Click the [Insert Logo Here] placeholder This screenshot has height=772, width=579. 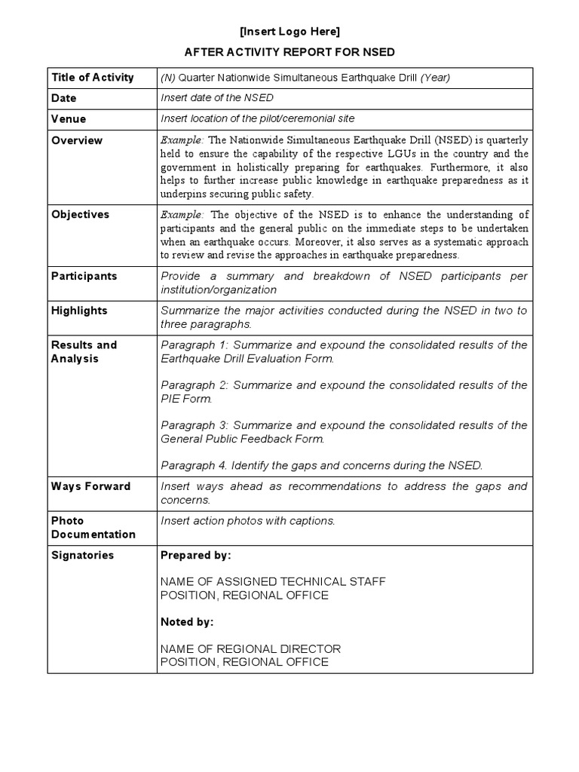coord(289,32)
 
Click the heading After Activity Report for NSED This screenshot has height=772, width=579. coord(289,52)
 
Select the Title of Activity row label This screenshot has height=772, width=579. coord(92,77)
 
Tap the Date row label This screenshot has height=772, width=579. coord(64,98)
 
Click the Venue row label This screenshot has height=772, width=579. coord(69,119)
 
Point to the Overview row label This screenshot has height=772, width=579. coord(76,140)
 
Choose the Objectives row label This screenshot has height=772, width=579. coord(80,214)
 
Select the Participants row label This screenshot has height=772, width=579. coord(84,276)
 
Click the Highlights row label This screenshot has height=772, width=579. coord(79,311)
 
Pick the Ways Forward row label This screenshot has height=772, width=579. coord(90,486)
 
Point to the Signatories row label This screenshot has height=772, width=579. coord(82,556)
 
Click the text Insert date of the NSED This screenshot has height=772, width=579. coord(217,98)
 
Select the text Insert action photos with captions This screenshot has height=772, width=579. coord(248,521)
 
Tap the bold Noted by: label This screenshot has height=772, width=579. coord(187,622)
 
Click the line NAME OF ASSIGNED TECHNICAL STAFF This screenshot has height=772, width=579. coord(273,581)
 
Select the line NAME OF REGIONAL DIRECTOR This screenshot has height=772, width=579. coord(250,648)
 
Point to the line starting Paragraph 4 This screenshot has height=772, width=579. coord(321,465)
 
